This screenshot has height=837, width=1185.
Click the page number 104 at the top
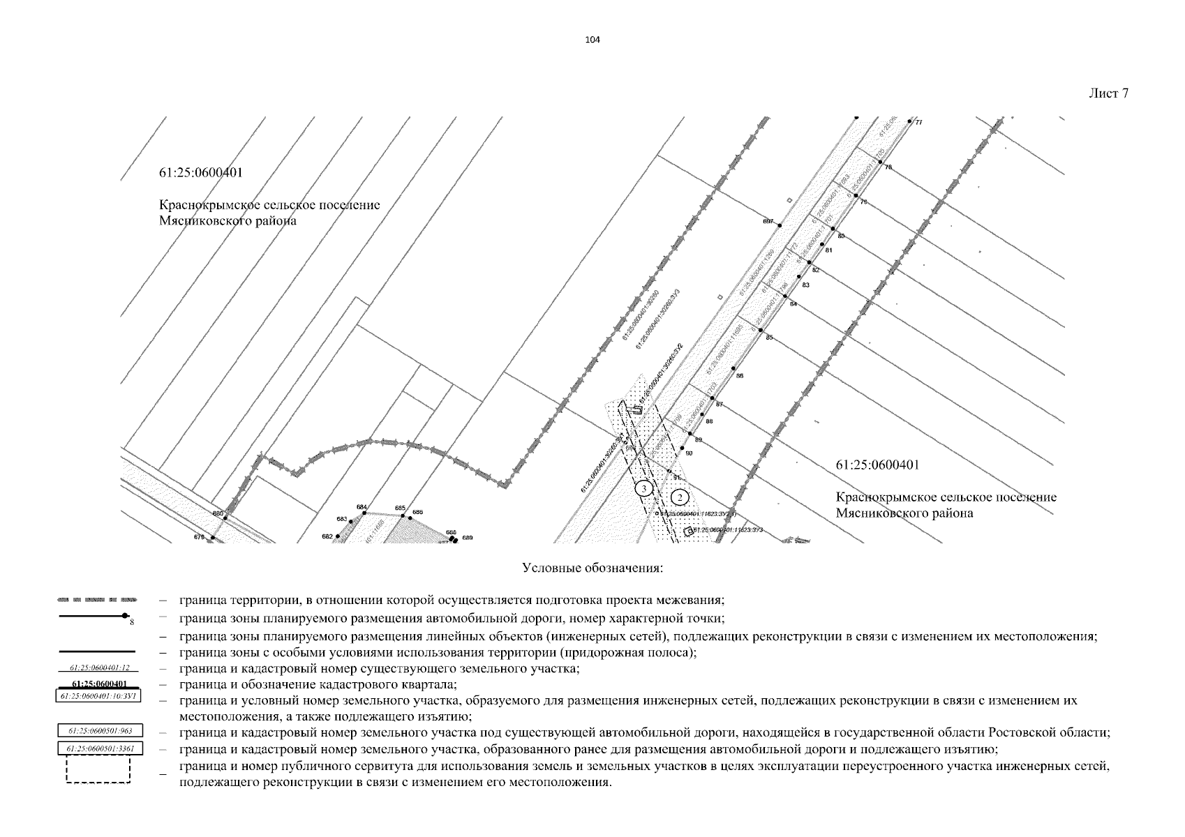[592, 40]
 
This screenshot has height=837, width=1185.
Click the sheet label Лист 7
[1108, 93]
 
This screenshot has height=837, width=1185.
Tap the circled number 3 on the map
[646, 488]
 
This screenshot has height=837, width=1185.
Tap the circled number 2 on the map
[680, 497]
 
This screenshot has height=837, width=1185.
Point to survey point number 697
[780, 225]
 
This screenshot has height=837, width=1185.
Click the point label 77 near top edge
[918, 123]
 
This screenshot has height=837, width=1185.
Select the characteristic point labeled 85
[761, 329]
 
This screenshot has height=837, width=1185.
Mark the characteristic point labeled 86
[733, 368]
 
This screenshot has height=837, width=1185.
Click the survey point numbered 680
[225, 517]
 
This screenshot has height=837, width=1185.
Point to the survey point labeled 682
[337, 536]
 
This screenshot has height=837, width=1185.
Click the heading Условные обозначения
[592, 568]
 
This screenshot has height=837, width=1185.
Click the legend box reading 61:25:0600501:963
[98, 731]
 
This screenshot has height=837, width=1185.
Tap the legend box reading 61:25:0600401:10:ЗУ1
[98, 695]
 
